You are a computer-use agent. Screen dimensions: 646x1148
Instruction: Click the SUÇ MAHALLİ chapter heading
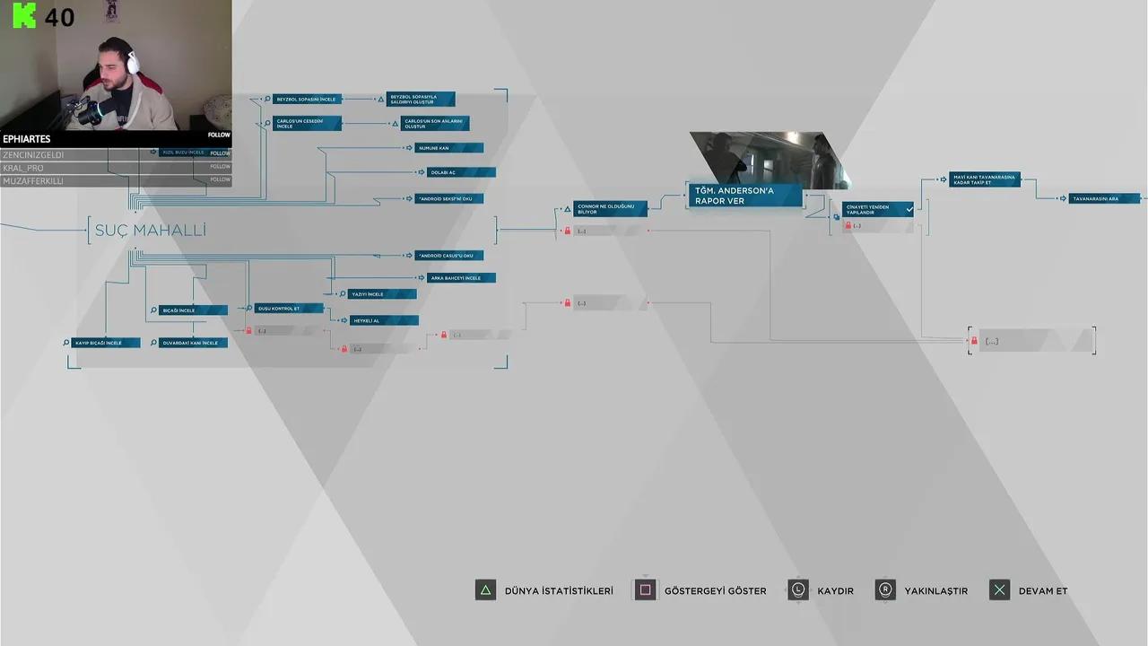pos(151,231)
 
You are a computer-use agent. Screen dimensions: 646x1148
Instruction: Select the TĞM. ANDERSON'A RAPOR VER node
pos(744,196)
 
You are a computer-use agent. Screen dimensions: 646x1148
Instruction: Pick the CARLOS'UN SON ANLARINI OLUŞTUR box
pos(434,124)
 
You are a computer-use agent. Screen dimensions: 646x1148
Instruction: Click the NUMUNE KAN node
pos(449,148)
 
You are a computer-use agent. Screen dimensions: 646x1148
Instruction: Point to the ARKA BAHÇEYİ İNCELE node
pos(460,278)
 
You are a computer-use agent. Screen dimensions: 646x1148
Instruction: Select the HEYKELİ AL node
pos(383,320)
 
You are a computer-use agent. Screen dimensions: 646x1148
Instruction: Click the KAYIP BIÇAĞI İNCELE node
pos(105,343)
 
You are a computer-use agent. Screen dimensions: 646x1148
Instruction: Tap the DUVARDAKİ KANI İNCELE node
pos(193,343)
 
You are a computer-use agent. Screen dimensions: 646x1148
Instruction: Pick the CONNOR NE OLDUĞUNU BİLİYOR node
pos(609,209)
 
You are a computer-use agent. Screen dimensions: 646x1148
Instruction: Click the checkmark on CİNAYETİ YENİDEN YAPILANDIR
pos(909,209)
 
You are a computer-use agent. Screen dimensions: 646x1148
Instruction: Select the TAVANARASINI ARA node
pos(1103,198)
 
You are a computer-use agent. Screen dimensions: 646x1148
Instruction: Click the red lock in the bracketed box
pos(973,341)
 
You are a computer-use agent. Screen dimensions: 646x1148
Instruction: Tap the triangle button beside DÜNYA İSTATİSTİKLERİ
pos(485,590)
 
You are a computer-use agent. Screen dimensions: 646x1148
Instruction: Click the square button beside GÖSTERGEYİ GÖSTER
pos(645,590)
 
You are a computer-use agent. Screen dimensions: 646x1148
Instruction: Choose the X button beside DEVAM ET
pos(999,590)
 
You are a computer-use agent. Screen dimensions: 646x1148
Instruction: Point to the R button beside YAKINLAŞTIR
pos(885,590)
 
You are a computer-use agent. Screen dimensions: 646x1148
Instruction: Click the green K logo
pos(24,16)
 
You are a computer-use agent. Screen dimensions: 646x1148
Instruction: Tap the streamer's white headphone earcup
pos(133,63)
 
